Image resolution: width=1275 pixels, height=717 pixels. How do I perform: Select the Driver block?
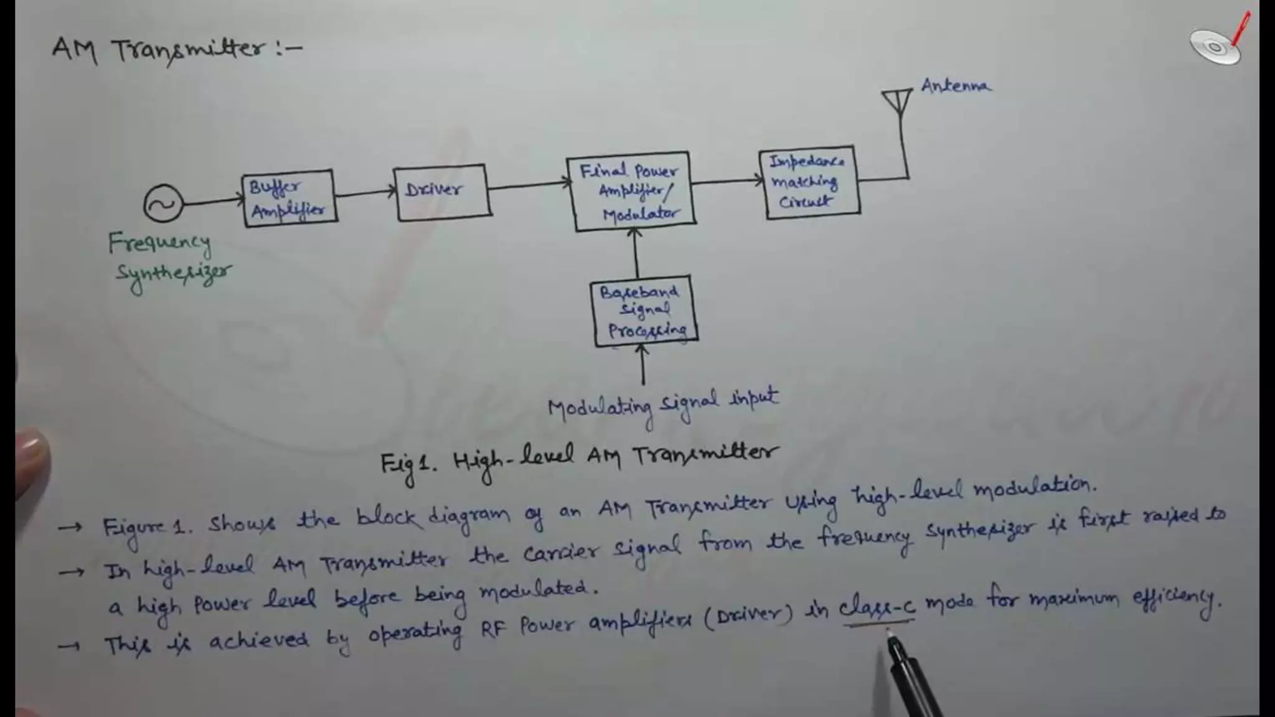(x=442, y=192)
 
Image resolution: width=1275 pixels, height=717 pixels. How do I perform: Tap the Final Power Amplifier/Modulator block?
(x=630, y=191)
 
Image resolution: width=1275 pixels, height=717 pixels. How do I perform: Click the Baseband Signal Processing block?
(x=645, y=311)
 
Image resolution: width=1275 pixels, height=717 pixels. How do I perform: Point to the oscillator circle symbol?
(x=163, y=204)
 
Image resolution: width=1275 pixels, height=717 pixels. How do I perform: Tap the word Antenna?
(x=956, y=85)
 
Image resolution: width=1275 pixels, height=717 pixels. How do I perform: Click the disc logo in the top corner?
(x=1215, y=46)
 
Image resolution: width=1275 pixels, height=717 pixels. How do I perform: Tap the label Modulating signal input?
(x=662, y=405)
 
